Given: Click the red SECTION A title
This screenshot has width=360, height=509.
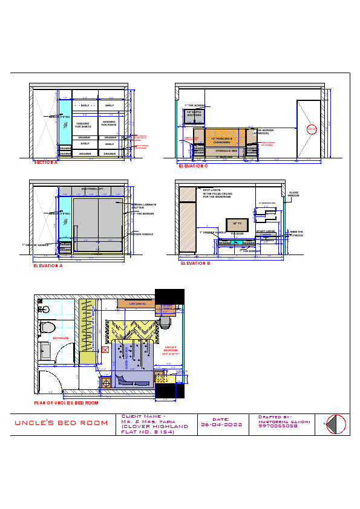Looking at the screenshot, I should (x=46, y=162).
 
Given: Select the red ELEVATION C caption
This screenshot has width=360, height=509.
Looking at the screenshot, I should (x=193, y=166).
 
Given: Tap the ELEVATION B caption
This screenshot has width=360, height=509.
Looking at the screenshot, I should (x=195, y=263).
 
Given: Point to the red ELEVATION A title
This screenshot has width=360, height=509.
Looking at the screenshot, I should (x=48, y=265).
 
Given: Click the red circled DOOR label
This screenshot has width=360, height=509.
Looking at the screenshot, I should (x=312, y=129).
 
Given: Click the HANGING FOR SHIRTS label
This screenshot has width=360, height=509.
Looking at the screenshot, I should (x=83, y=125).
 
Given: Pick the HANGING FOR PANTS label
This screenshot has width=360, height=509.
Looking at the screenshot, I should (x=109, y=124).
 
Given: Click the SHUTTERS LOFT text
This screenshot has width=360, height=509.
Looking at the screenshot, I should (x=93, y=189).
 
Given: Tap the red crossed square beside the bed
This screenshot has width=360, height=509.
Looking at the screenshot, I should (x=105, y=349).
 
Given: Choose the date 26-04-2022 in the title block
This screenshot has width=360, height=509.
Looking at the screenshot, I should (x=221, y=424).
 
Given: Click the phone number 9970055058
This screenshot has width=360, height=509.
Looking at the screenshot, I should (x=278, y=426).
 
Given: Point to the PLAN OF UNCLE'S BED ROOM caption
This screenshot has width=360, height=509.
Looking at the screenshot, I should (x=66, y=402).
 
